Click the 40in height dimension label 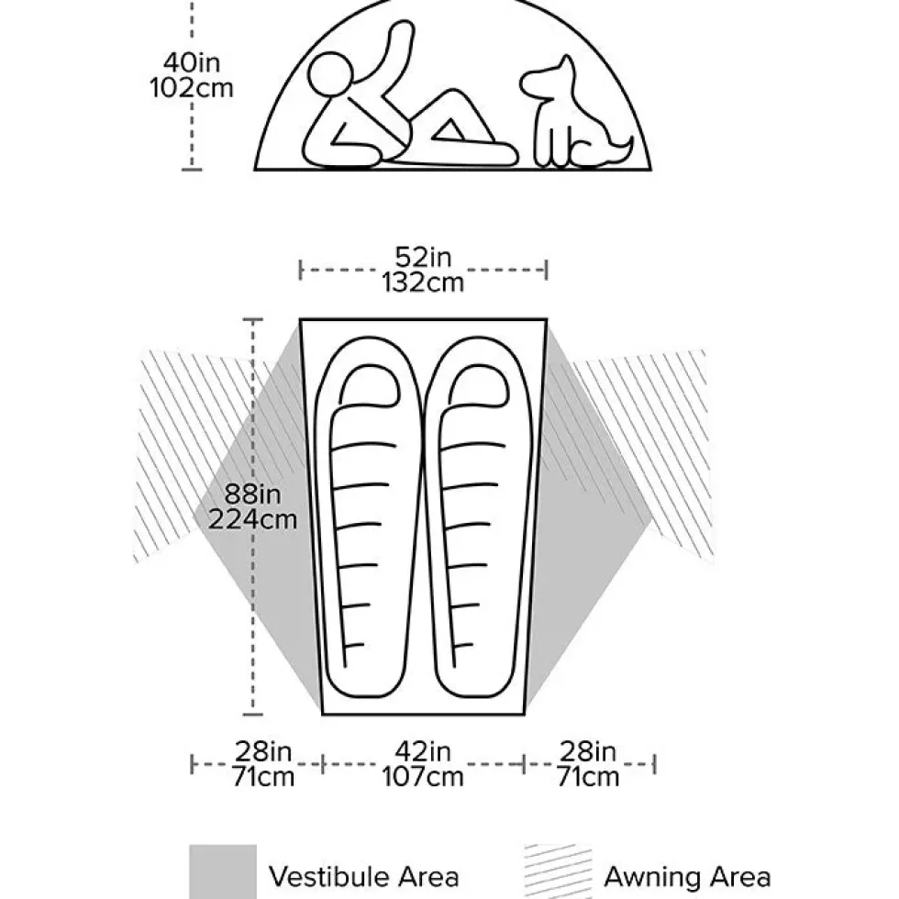pyautogui.click(x=192, y=62)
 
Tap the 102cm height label pyautogui.click(x=192, y=88)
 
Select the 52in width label pyautogui.click(x=423, y=257)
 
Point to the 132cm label pyautogui.click(x=423, y=283)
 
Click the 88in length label pyautogui.click(x=252, y=494)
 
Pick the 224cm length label pyautogui.click(x=252, y=520)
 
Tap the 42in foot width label pyautogui.click(x=423, y=751)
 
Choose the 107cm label pyautogui.click(x=423, y=777)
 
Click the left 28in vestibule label pyautogui.click(x=263, y=751)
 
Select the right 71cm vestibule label pyautogui.click(x=588, y=777)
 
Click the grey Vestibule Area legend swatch pyautogui.click(x=223, y=871)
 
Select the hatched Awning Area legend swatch pyautogui.click(x=558, y=871)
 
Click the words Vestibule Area pyautogui.click(x=365, y=877)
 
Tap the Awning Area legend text pyautogui.click(x=687, y=877)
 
